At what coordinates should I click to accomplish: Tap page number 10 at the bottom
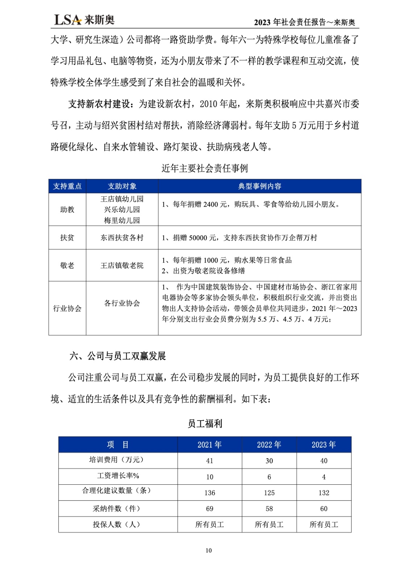click(x=208, y=550)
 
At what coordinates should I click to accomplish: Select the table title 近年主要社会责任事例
click(x=204, y=168)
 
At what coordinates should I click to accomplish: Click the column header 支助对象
click(x=122, y=186)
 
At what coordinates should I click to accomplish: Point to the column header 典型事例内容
click(x=260, y=186)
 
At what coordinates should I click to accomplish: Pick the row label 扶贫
click(x=67, y=238)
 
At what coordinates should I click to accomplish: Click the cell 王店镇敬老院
click(x=122, y=265)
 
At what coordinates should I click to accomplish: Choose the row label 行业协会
click(x=67, y=308)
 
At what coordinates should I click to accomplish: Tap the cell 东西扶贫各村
click(x=122, y=238)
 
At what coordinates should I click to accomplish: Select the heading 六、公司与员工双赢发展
click(x=117, y=356)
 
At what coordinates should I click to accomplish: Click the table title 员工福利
click(x=205, y=423)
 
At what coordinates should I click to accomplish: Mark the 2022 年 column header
click(x=269, y=445)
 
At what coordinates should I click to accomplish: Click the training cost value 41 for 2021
click(x=210, y=461)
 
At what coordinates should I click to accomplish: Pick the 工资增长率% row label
click(x=118, y=476)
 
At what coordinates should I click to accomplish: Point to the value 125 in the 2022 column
click(x=269, y=493)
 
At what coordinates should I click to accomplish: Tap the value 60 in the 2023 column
click(x=324, y=509)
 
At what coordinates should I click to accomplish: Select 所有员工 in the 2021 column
click(x=210, y=525)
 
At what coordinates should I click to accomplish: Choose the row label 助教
click(x=67, y=210)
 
